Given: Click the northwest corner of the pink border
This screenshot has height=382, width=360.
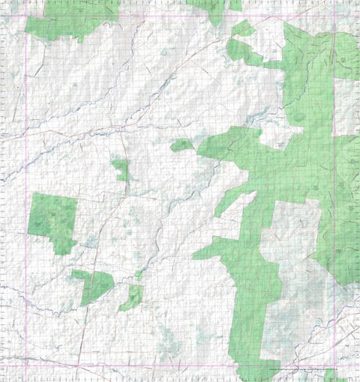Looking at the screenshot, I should coord(26,16).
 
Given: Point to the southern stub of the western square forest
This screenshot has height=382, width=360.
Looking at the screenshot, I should coord(64,246).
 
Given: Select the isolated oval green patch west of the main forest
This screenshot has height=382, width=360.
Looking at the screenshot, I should coord(181,145).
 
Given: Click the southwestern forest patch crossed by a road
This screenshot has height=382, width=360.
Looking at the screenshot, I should coord(94,285).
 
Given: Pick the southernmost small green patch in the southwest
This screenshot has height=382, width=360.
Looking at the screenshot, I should coord(131,299).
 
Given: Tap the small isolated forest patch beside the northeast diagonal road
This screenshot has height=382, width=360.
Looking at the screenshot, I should coord(242,28).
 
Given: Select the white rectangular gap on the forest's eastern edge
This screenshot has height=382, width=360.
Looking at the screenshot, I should coord(344,112).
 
